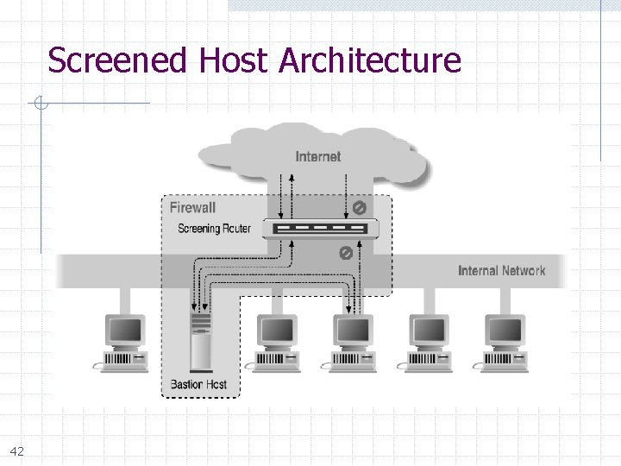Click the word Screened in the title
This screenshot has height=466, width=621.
118,61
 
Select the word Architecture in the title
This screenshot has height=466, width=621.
370,61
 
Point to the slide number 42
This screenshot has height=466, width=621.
17,451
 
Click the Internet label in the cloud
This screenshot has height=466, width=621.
317,156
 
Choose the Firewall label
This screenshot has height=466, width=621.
192,207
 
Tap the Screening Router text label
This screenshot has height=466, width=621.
214,229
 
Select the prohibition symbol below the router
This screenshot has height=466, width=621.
344,253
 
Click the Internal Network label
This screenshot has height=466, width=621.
501,271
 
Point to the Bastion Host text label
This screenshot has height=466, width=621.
198,384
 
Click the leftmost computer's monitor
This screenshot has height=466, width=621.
124,331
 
